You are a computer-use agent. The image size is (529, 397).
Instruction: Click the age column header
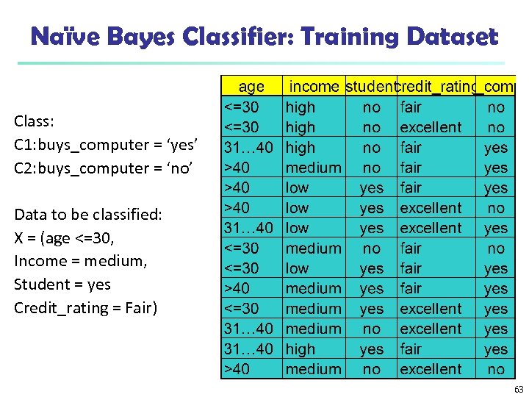coord(251,87)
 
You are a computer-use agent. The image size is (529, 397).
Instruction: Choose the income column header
coord(314,87)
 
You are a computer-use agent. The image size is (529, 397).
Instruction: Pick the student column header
coord(370,87)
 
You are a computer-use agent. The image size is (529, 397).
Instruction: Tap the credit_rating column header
coord(436,87)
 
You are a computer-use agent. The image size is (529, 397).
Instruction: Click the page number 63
coord(519,389)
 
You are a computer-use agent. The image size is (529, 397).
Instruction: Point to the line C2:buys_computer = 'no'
coord(102,168)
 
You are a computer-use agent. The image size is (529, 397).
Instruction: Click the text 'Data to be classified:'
coord(88,215)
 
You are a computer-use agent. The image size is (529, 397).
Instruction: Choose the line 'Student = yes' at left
coord(62,284)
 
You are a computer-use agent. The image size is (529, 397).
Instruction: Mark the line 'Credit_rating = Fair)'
coord(86,307)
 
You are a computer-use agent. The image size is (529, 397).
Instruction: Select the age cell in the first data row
coord(242,107)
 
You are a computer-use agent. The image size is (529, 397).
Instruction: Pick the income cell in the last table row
coord(313,369)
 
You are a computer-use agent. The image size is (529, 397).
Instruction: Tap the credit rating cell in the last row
coord(431,369)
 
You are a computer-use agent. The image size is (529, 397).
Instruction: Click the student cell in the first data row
coord(372,107)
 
